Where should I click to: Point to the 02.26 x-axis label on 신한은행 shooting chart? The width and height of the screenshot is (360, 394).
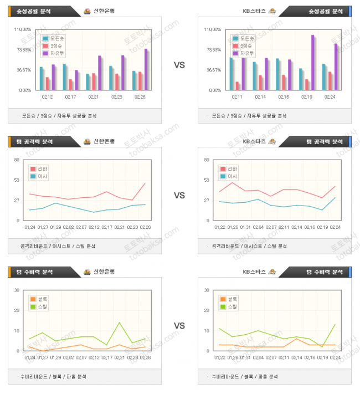(x=140, y=97)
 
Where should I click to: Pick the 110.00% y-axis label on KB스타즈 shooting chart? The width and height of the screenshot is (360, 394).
(x=213, y=29)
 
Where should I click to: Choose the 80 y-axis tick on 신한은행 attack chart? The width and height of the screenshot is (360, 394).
(x=17, y=160)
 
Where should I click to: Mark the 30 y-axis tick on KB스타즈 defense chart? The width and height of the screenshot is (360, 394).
(x=207, y=290)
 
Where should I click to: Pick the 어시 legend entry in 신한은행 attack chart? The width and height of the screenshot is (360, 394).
(x=42, y=176)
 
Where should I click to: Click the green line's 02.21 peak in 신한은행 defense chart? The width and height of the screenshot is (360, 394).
(x=119, y=323)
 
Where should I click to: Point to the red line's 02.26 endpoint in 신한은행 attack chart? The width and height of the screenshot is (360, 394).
(x=145, y=183)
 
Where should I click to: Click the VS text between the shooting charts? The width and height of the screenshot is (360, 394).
(x=179, y=65)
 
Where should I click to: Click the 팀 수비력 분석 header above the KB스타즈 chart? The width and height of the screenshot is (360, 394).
(x=324, y=272)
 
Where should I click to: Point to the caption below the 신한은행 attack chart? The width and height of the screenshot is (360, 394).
(x=58, y=246)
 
